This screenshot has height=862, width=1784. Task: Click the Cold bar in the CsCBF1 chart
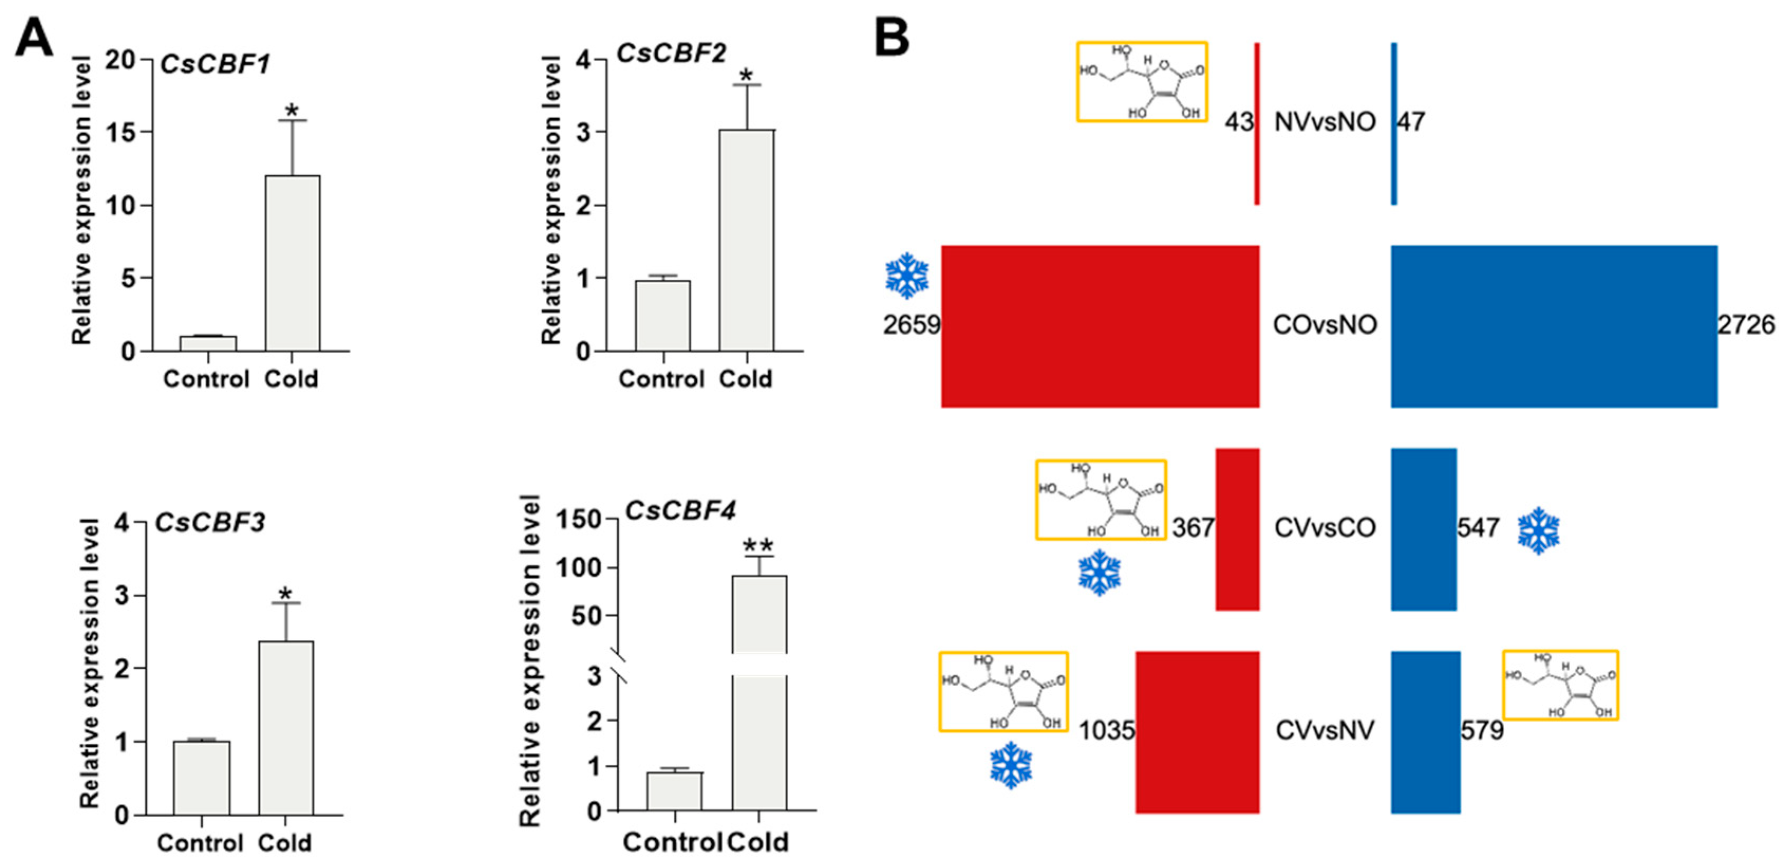292,263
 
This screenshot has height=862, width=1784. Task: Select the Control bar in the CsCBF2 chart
663,316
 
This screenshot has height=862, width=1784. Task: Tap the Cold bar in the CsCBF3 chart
286,727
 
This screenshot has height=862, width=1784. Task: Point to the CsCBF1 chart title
215,64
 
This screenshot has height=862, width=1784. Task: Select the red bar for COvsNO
1100,326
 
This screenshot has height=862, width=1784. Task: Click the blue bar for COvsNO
1554,326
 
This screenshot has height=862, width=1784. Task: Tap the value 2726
1746,325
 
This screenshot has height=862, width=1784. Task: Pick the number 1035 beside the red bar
1107,731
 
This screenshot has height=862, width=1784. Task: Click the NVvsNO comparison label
1325,122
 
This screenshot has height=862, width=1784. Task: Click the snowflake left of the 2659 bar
907,276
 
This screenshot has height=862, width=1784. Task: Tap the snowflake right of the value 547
1539,531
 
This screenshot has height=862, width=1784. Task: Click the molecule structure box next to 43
1142,82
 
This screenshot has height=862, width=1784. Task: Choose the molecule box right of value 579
1560,685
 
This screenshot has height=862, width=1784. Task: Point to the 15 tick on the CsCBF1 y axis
121,132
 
